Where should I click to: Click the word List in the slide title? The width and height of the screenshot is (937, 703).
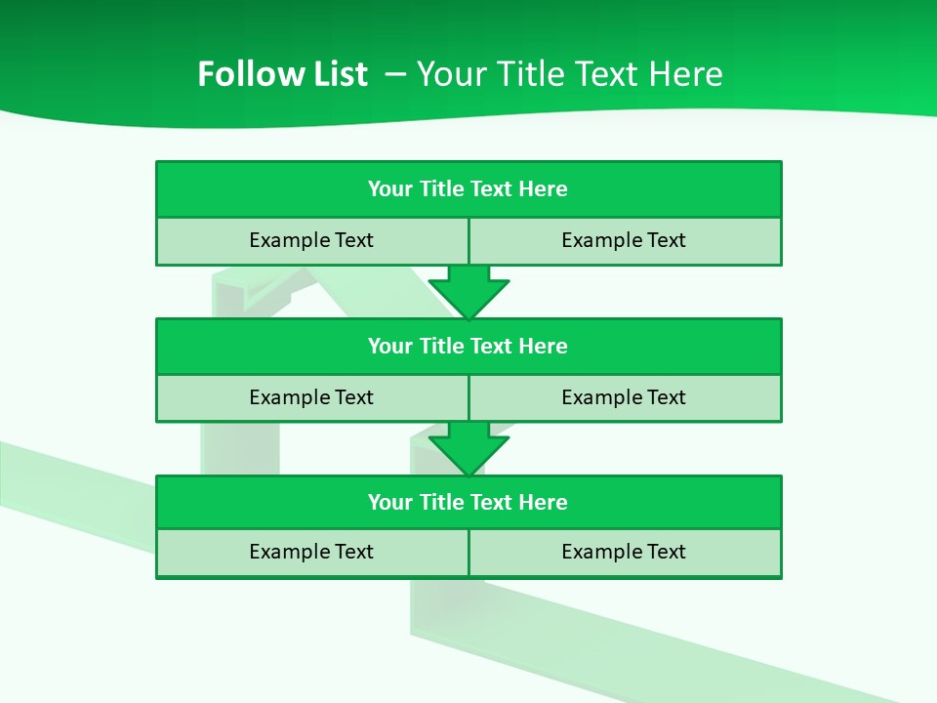pos(338,74)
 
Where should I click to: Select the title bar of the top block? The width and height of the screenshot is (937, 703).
pos(468,189)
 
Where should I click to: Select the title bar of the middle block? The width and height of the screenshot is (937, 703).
pos(468,347)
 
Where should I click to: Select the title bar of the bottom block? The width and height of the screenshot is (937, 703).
pos(468,503)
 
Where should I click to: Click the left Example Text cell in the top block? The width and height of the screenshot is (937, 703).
pos(311,240)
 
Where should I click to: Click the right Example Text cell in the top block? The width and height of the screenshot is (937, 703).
pos(624,240)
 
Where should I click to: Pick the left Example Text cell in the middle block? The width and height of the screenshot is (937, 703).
pos(311,397)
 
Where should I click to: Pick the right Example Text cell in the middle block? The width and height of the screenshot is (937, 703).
pos(624,397)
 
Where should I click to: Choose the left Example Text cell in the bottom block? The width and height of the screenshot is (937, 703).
pos(311,552)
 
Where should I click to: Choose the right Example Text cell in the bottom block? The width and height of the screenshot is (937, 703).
pos(624,552)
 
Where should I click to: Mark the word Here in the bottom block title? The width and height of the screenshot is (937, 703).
pos(543,503)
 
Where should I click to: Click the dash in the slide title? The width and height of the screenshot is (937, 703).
pos(396,74)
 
